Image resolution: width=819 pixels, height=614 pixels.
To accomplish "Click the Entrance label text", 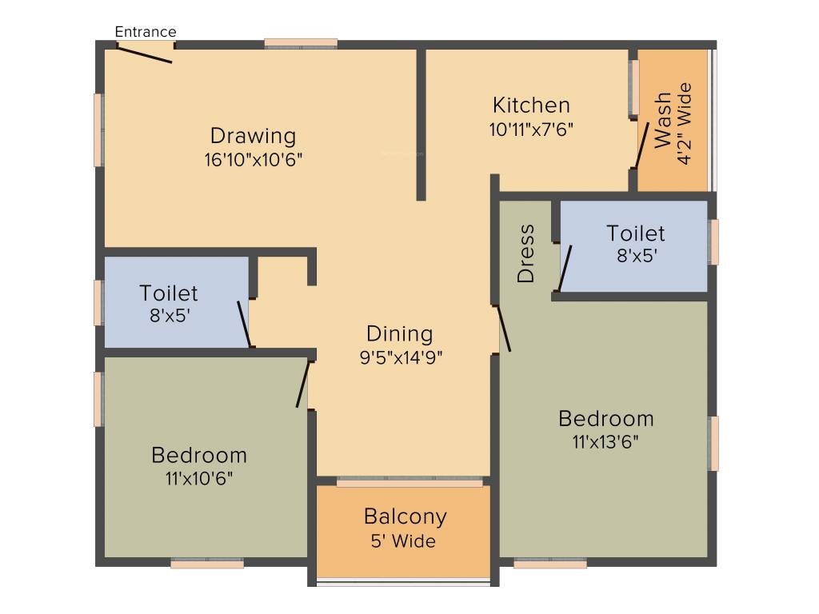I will pyautogui.click(x=146, y=32).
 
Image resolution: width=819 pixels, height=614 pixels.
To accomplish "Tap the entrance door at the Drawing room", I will pyautogui.click(x=145, y=53).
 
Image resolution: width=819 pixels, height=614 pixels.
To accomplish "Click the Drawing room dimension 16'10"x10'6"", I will pyautogui.click(x=253, y=159).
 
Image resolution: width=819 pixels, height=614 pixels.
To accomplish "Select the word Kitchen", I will pyautogui.click(x=531, y=106).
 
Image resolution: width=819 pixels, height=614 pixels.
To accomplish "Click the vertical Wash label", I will pyautogui.click(x=663, y=121).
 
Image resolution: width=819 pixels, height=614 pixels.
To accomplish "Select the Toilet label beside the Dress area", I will pyautogui.click(x=635, y=233).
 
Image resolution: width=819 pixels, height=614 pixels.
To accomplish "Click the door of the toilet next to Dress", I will pyautogui.click(x=565, y=269).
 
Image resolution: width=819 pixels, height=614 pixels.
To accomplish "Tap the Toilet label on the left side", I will pyautogui.click(x=168, y=293).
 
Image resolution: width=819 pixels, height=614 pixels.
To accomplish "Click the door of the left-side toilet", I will pyautogui.click(x=245, y=324).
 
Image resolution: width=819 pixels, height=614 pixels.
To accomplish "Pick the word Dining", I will pyautogui.click(x=399, y=334).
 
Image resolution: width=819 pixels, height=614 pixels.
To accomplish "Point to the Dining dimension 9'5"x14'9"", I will pyautogui.click(x=401, y=357).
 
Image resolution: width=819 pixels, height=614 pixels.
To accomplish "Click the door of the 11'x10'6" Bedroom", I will pyautogui.click(x=303, y=385).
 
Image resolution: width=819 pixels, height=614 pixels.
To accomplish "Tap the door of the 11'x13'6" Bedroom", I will pyautogui.click(x=504, y=329).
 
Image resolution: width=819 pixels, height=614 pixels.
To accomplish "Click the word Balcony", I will pyautogui.click(x=405, y=516).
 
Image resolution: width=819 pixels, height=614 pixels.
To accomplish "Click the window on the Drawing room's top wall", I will pyautogui.click(x=301, y=44).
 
